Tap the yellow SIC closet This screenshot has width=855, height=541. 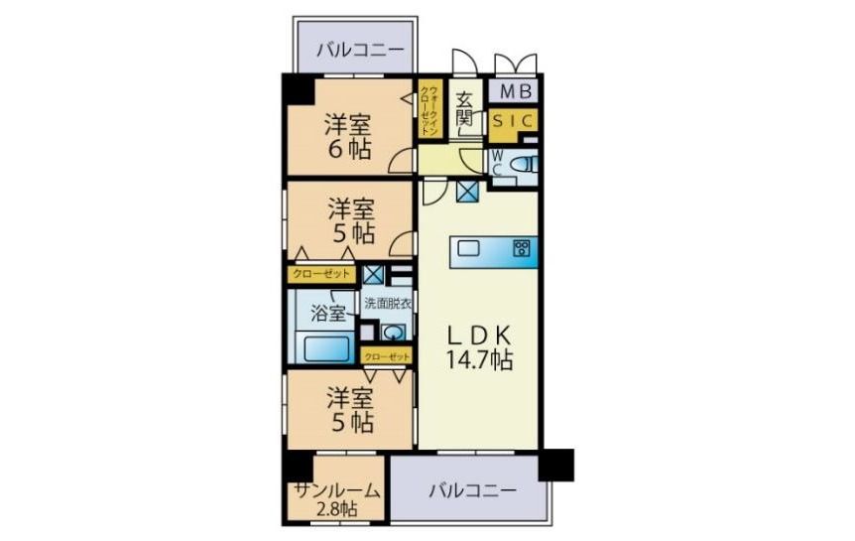(514, 121)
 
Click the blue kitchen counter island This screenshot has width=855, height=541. (494, 252)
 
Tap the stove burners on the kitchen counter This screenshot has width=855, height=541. (521, 249)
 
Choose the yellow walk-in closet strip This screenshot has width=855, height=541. (428, 112)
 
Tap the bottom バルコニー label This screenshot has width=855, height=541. (472, 491)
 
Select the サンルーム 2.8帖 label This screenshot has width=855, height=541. (336, 498)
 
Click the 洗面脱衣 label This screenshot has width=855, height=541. (387, 304)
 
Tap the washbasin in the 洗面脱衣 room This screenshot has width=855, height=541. (394, 333)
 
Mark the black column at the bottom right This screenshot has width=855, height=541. (555, 464)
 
